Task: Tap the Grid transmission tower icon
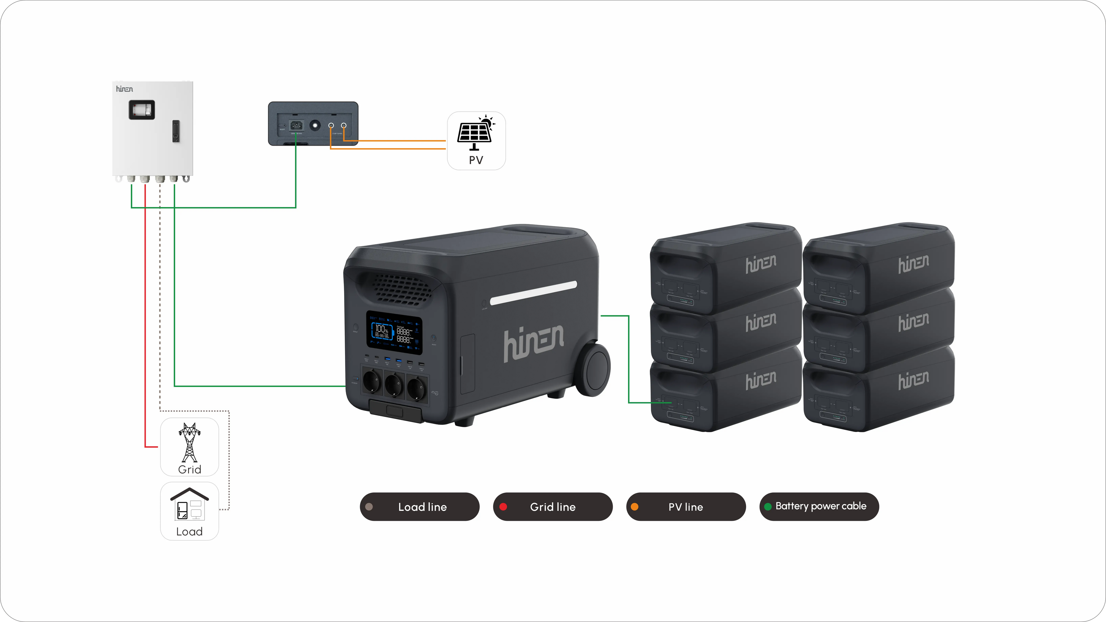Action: pyautogui.click(x=189, y=442)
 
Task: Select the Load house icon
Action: pyautogui.click(x=189, y=505)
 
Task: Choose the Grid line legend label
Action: pyautogui.click(x=553, y=507)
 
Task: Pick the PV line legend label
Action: pyautogui.click(x=686, y=507)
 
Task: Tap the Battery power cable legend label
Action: pyautogui.click(x=821, y=506)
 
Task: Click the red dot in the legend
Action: pyautogui.click(x=503, y=507)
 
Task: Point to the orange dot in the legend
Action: pyautogui.click(x=635, y=507)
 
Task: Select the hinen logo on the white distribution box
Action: pyautogui.click(x=124, y=89)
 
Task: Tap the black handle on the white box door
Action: pyautogui.click(x=176, y=131)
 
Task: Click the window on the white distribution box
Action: pyautogui.click(x=142, y=110)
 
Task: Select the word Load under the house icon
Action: pyautogui.click(x=189, y=531)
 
